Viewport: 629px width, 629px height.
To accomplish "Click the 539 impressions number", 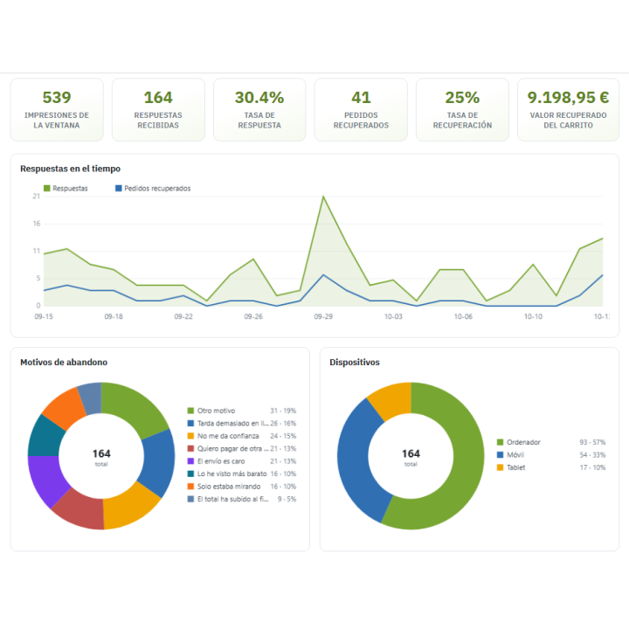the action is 57,98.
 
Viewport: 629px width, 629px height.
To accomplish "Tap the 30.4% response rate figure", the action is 259,98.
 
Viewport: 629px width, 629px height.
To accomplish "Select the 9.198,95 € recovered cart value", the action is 568,98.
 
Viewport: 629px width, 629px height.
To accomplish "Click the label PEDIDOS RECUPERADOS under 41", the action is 361,121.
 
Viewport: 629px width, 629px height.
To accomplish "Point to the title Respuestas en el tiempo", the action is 70,169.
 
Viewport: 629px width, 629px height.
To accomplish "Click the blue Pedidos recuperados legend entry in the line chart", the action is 153,188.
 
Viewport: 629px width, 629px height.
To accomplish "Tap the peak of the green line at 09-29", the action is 323,197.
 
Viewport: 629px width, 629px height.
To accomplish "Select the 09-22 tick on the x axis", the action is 183,316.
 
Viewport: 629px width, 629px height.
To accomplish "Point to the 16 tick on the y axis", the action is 37,224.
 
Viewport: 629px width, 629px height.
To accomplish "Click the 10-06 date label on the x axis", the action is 463,316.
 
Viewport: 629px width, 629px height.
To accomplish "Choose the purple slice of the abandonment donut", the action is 47,480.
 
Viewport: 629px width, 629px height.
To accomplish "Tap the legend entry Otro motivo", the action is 211,411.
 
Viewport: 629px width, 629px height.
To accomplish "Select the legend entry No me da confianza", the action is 223,436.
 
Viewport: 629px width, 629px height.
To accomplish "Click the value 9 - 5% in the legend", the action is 287,499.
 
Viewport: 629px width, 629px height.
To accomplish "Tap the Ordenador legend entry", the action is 518,442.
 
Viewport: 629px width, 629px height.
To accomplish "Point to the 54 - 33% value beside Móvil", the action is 592,455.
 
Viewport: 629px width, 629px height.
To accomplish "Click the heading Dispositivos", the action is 355,363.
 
